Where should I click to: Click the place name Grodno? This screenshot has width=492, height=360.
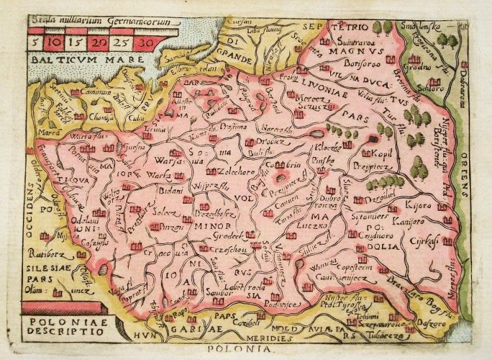pos(419,72)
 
